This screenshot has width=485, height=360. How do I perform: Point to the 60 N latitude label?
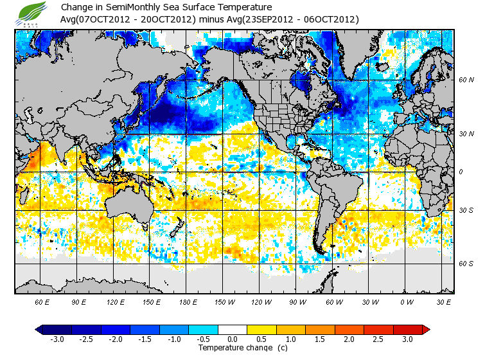point(466,80)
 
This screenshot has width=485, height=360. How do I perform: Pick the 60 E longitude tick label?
point(42,301)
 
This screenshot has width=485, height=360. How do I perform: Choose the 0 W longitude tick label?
point(407,301)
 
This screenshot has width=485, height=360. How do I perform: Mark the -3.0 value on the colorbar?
point(57,339)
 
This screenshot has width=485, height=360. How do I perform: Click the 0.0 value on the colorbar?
point(233,339)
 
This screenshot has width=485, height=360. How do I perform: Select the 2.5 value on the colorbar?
point(378,339)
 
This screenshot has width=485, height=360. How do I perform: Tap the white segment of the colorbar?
point(233,329)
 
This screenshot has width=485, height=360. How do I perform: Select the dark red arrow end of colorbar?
point(426,329)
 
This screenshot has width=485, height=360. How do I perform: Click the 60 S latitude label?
point(466,263)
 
